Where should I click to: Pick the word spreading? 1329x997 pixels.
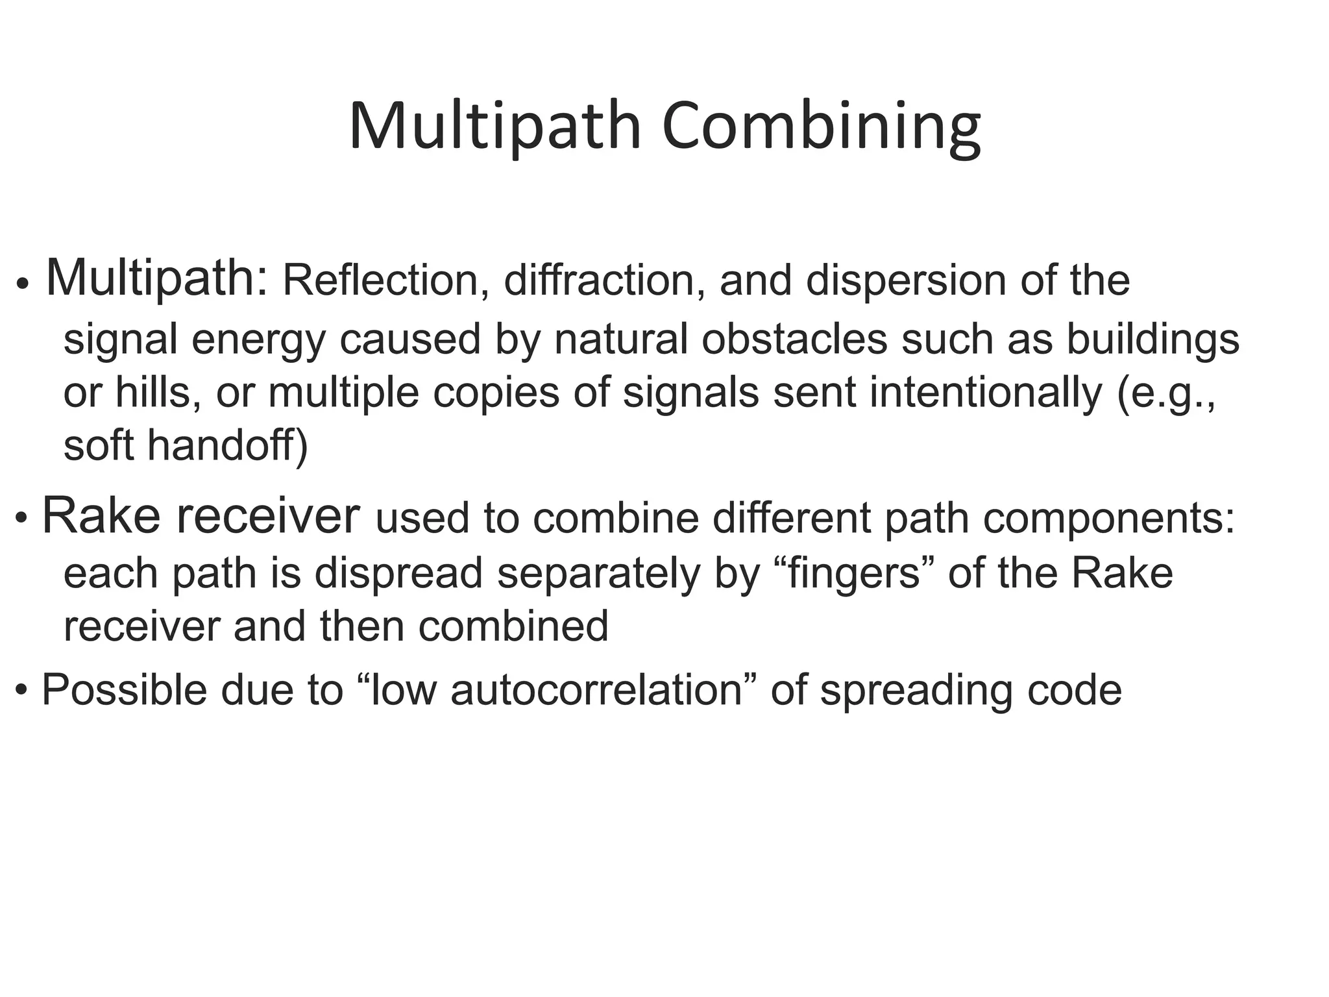click(x=916, y=691)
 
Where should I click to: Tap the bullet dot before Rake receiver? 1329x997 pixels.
click(x=22, y=518)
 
